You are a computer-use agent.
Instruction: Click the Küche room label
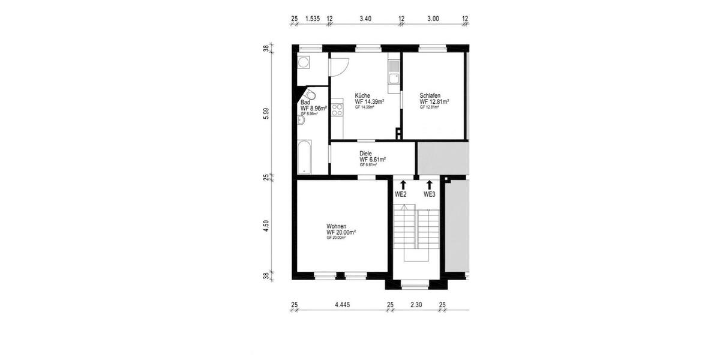(x=362, y=95)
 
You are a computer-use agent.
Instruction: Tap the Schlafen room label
(x=430, y=95)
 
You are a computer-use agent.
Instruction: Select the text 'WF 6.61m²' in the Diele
(x=372, y=160)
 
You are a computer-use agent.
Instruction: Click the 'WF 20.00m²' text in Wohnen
(x=341, y=232)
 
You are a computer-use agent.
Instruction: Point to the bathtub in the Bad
(x=304, y=157)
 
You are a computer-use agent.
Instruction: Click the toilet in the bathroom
(x=310, y=95)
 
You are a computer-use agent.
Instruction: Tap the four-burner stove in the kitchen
(x=337, y=110)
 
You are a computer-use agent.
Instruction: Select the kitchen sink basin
(x=394, y=77)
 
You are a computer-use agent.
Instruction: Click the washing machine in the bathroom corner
(x=304, y=62)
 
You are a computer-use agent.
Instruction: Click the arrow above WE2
(x=403, y=184)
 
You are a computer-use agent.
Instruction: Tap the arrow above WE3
(x=430, y=184)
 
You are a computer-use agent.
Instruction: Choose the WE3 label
(x=430, y=194)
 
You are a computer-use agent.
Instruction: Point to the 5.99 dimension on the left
(x=266, y=113)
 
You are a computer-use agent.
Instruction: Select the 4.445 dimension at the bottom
(x=342, y=305)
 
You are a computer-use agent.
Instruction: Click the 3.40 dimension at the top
(x=365, y=19)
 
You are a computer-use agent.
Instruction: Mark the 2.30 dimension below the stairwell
(x=416, y=305)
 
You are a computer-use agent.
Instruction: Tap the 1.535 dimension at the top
(x=312, y=19)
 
